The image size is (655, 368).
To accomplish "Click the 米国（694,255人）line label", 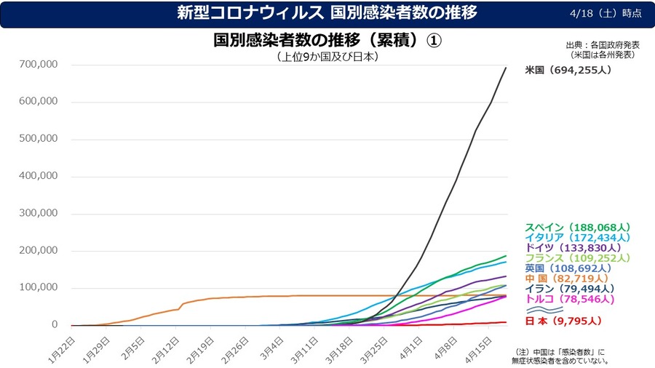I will point(568,71).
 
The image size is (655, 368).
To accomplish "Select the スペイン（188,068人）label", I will point(577,227).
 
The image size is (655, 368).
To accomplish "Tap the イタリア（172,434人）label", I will point(577,237).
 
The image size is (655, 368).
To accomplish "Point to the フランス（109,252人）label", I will point(577,257).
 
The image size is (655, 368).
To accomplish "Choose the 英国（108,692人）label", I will point(568,268).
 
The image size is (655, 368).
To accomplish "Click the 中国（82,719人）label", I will point(564,279).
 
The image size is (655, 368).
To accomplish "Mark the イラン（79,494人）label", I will point(568,289).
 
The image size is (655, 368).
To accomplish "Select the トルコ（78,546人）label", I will point(568,299).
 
